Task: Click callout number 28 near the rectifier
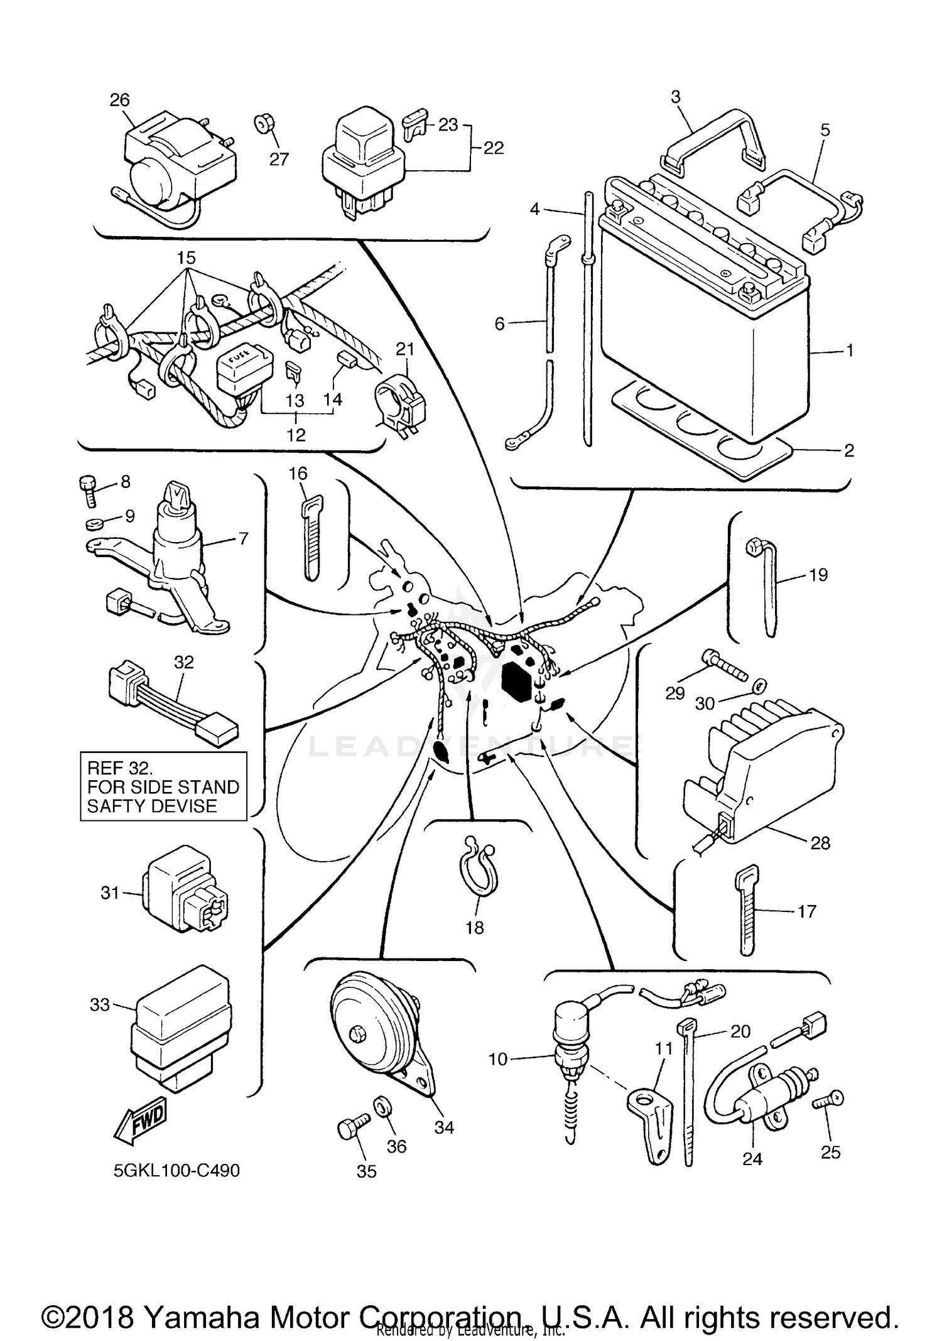tap(820, 843)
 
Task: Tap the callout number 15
tap(186, 258)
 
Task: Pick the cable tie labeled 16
tap(312, 537)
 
